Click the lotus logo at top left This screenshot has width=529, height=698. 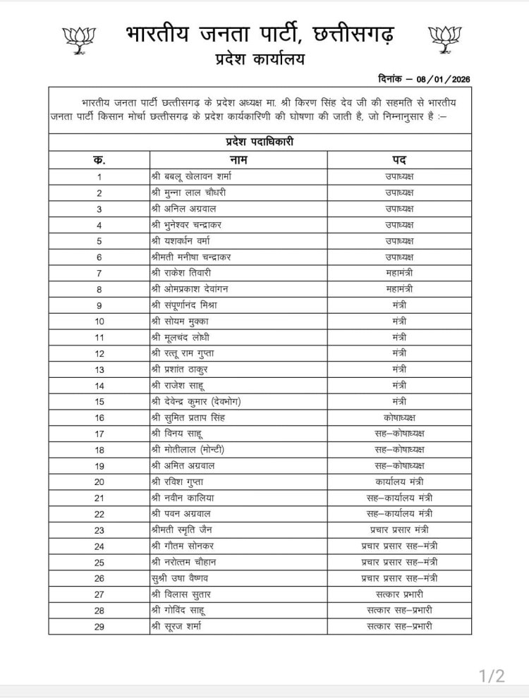click(78, 39)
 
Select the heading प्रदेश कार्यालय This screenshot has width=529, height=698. click(260, 61)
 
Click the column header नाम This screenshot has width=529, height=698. click(238, 160)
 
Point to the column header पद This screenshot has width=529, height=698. click(399, 160)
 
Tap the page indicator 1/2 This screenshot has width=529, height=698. click(492, 677)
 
